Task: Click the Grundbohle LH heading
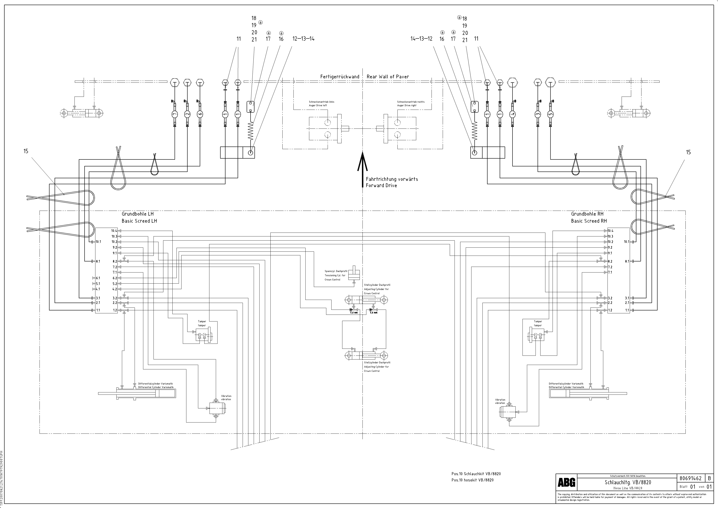tap(138, 214)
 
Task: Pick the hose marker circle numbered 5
tap(550, 114)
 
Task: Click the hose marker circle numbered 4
tap(512, 114)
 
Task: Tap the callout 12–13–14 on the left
tap(303, 39)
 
